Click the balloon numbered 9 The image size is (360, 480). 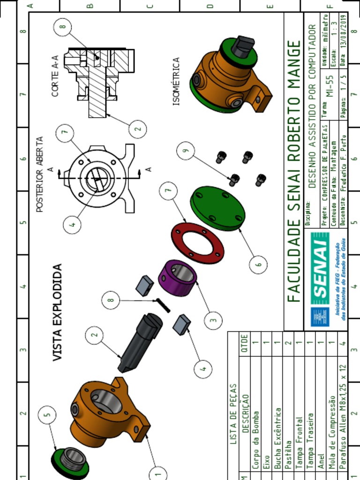click(x=186, y=151)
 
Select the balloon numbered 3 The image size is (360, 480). click(x=213, y=321)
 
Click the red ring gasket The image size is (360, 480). click(x=197, y=243)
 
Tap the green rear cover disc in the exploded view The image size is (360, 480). click(x=217, y=208)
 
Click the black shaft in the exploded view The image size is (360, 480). click(x=141, y=341)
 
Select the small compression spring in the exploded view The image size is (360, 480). click(x=163, y=305)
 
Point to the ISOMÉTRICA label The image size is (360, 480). click(x=176, y=81)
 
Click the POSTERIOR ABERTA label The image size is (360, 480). click(x=40, y=174)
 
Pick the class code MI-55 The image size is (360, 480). click(x=329, y=86)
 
